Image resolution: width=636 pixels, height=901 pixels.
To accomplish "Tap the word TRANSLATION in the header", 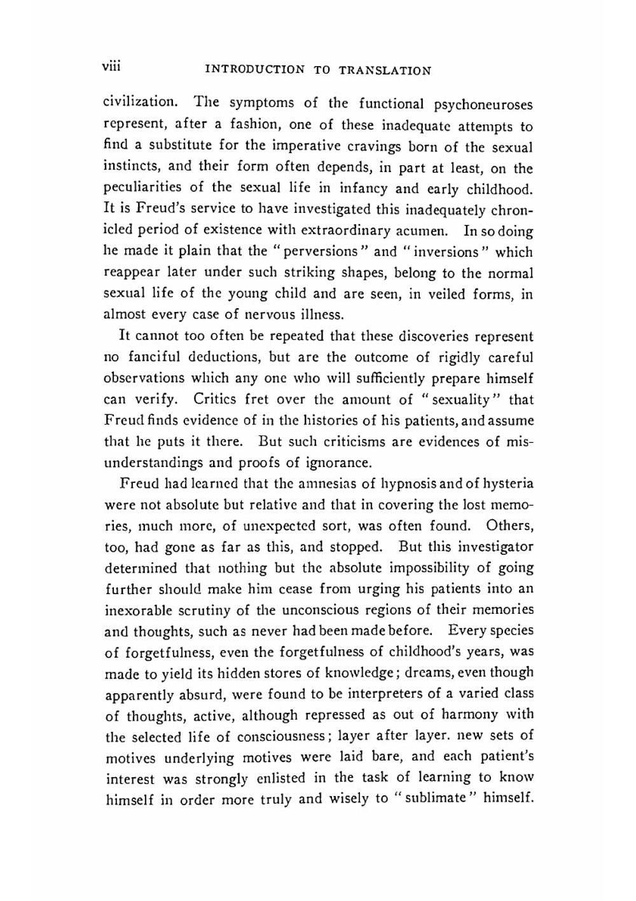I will (x=385, y=70).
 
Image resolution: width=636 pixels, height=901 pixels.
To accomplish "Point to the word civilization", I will (x=141, y=102).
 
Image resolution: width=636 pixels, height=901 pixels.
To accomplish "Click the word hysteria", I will (x=507, y=484).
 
